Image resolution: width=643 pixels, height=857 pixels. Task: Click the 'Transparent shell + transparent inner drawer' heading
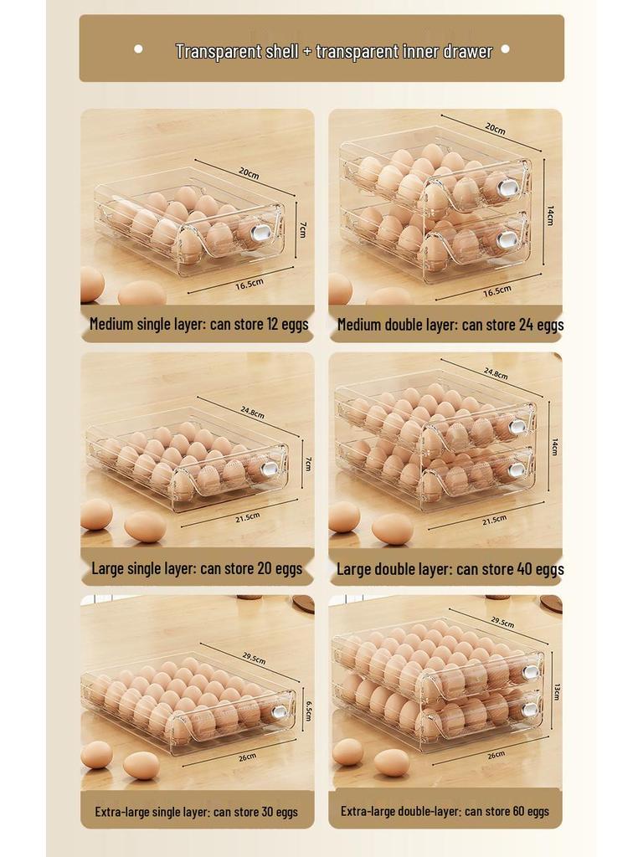coord(333,51)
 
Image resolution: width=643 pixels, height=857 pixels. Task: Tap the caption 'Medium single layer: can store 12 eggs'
coord(199,325)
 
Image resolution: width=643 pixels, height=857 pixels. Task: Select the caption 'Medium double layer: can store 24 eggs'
coord(450,325)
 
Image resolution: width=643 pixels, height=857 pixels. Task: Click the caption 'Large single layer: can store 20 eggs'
coord(197,569)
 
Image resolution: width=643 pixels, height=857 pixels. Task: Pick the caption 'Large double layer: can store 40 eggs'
coord(450,570)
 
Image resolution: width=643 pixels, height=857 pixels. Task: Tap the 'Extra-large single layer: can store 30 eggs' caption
coord(196,812)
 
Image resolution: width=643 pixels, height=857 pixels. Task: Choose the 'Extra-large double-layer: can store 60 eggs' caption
coord(445,811)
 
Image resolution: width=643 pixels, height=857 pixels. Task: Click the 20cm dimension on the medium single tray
coord(248,172)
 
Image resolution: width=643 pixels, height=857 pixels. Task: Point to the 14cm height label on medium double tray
coord(549,216)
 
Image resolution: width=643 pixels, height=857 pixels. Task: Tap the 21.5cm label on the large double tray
coord(494,520)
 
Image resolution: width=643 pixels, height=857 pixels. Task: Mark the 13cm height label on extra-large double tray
coord(556,691)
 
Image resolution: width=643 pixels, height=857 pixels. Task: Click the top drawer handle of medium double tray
coord(507,187)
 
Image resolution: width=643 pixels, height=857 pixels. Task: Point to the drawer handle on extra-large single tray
coord(278,711)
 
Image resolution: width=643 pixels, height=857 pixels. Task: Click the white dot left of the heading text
coord(138,49)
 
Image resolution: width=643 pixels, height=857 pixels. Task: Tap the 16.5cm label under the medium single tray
coord(249,284)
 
